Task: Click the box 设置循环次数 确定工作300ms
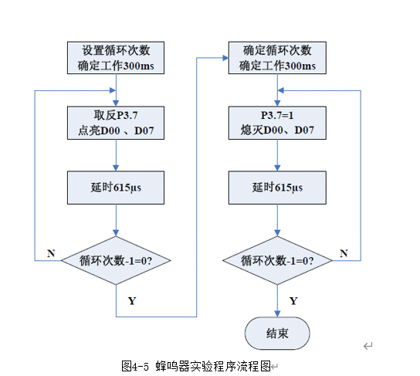pos(116,58)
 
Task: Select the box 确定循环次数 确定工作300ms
pos(277,58)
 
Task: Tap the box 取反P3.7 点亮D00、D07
pos(116,123)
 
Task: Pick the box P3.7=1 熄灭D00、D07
pos(277,123)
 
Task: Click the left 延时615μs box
pos(116,188)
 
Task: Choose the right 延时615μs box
pos(277,188)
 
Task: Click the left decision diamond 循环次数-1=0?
pos(116,260)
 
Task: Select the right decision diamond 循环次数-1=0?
pos(277,260)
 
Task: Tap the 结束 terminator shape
pos(277,334)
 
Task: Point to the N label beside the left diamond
pos(51,253)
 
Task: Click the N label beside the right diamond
pos(344,253)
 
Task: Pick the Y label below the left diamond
pos(132,301)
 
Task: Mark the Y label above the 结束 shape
pos(293,301)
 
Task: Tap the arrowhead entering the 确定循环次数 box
pos(225,58)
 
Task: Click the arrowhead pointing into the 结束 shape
pos(277,314)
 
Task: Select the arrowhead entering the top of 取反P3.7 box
pos(116,103)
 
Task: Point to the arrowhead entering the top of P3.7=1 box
pos(277,103)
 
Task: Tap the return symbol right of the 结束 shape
pos(367,346)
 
